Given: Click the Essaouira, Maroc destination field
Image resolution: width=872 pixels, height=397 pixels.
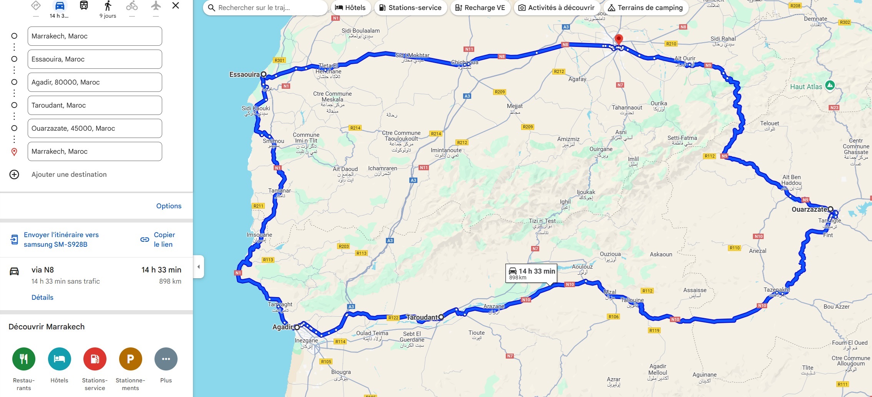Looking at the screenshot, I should (95, 59).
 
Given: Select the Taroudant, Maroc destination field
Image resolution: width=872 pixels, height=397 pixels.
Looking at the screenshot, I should (95, 105).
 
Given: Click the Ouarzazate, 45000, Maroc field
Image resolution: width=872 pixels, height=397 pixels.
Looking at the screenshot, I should (95, 128).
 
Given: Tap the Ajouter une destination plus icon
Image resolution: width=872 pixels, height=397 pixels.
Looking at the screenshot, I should (14, 174).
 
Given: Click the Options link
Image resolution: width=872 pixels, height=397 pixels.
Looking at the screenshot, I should (169, 206).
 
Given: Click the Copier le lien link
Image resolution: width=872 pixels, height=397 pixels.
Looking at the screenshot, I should (164, 239).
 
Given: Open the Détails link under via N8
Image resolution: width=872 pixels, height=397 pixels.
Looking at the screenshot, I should (42, 297).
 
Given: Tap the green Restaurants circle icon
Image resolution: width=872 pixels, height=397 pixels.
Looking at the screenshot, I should (24, 359).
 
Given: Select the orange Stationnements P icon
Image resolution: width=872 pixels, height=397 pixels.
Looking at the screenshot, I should (130, 359).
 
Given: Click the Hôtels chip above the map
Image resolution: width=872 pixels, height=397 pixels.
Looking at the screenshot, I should (350, 8).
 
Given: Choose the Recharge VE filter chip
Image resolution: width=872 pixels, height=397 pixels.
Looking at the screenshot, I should (480, 8).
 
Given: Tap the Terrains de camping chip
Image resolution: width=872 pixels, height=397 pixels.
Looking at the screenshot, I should (645, 8).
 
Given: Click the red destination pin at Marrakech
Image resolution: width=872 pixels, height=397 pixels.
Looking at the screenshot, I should (619, 39).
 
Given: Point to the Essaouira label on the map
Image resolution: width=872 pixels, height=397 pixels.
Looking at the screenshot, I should (244, 75).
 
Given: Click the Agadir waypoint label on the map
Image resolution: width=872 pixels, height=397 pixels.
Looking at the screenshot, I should (282, 327).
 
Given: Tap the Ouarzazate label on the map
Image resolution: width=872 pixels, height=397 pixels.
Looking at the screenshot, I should (809, 209).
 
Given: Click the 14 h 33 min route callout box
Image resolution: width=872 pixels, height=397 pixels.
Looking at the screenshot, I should (532, 273).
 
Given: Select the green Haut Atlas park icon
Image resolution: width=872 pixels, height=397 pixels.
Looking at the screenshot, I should (830, 85).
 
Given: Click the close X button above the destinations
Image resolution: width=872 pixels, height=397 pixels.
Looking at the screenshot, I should (176, 6).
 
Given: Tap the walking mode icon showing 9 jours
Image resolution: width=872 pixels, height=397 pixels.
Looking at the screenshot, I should (108, 7).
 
